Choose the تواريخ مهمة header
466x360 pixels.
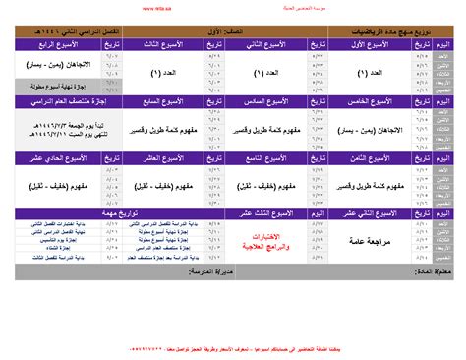coord(98,211)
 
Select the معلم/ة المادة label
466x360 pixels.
coord(432,269)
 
